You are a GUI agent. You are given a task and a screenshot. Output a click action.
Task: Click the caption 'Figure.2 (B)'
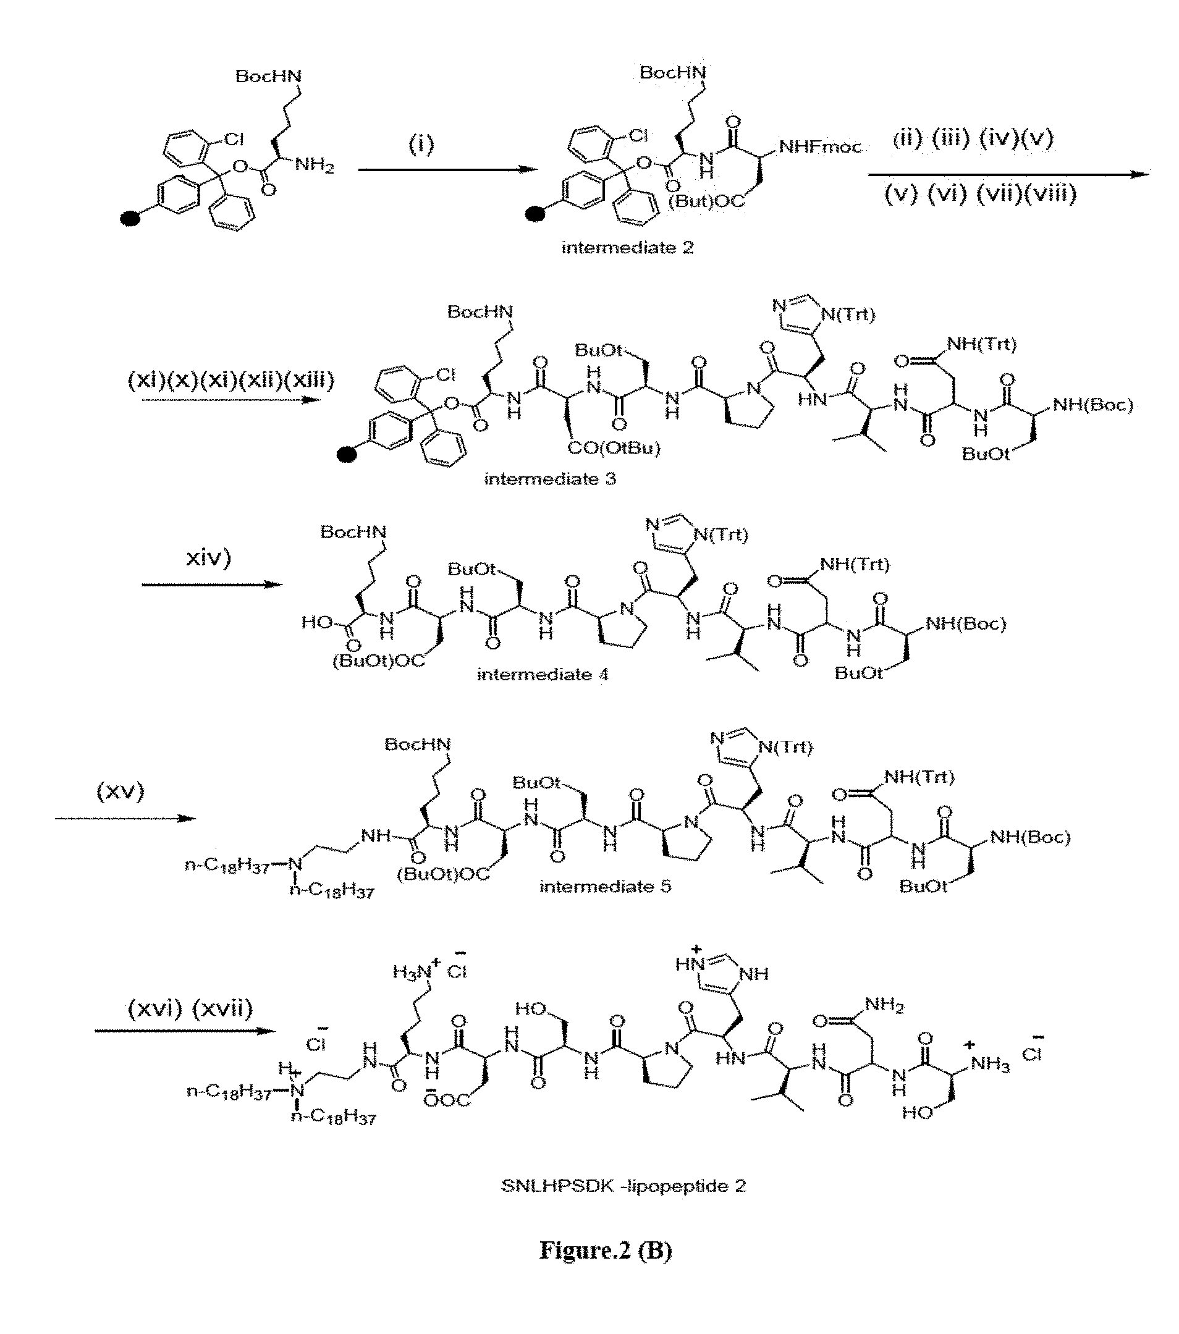pyautogui.click(x=605, y=1249)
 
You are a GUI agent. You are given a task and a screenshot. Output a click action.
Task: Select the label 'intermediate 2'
pyautogui.click(x=627, y=248)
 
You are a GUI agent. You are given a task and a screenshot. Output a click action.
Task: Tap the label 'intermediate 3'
pyautogui.click(x=550, y=479)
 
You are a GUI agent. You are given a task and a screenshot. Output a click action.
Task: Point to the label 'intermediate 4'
pyautogui.click(x=543, y=674)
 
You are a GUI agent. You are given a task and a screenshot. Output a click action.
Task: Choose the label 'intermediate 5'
pyautogui.click(x=605, y=886)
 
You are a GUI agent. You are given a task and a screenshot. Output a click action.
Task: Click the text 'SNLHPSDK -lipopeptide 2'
pyautogui.click(x=623, y=1186)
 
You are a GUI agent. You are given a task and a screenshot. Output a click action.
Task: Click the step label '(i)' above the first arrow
pyautogui.click(x=421, y=144)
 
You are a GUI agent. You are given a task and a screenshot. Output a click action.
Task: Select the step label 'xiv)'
pyautogui.click(x=208, y=558)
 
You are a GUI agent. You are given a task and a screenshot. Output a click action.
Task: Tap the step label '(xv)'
pyautogui.click(x=120, y=792)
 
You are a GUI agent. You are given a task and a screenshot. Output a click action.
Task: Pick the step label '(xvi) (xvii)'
pyautogui.click(x=190, y=1009)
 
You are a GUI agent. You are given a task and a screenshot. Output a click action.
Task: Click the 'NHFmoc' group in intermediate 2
pyautogui.click(x=820, y=148)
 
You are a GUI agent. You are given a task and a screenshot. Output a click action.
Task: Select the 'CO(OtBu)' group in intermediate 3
pyautogui.click(x=614, y=448)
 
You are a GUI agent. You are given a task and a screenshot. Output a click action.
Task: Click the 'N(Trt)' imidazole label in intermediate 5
pyautogui.click(x=787, y=746)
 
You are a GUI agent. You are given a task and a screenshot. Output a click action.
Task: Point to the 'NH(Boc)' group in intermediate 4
pyautogui.click(x=966, y=624)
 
